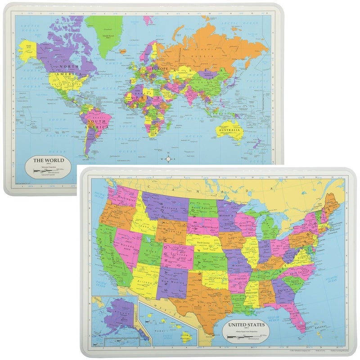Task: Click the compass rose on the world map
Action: point(168,159)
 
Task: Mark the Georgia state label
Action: point(283,290)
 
